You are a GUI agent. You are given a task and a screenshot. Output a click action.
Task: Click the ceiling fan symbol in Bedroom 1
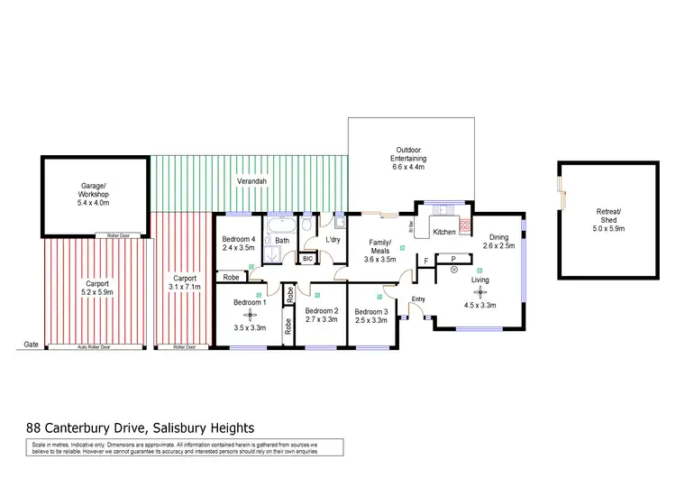point(242,315)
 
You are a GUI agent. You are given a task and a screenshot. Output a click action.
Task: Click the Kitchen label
point(444,232)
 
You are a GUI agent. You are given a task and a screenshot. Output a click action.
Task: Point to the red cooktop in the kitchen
point(465,226)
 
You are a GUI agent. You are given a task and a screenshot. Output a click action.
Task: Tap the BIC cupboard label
point(307,259)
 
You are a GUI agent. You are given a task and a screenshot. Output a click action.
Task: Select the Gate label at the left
point(32,345)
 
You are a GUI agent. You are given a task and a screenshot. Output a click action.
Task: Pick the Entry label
point(418,299)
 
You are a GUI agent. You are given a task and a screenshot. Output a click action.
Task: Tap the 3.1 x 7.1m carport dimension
point(183,287)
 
